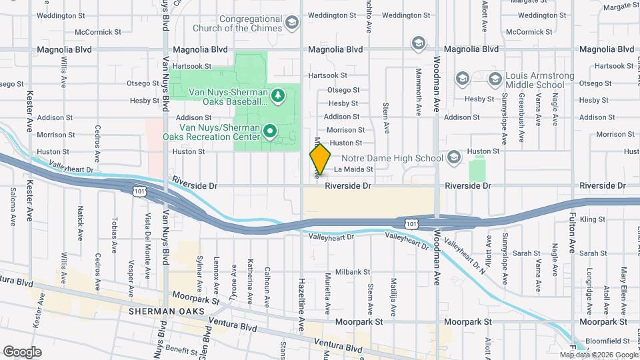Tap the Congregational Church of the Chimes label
click(238, 24)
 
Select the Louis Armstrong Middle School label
click(535, 81)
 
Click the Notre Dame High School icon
click(454, 157)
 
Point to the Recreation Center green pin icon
click(270, 131)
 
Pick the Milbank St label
click(353, 272)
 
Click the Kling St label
click(592, 219)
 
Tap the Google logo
click(22, 352)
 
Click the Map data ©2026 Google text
click(599, 355)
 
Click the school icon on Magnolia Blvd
click(418, 45)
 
